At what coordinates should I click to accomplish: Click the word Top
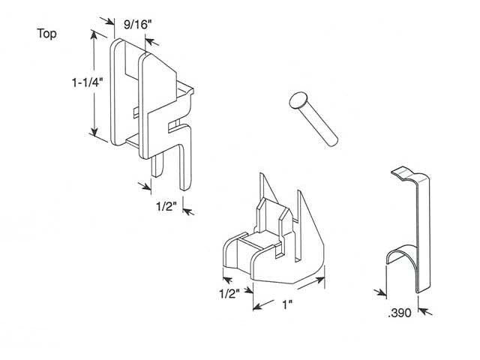pyautogui.click(x=46, y=34)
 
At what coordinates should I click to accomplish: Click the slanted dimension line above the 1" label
pyautogui.click(x=288, y=292)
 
